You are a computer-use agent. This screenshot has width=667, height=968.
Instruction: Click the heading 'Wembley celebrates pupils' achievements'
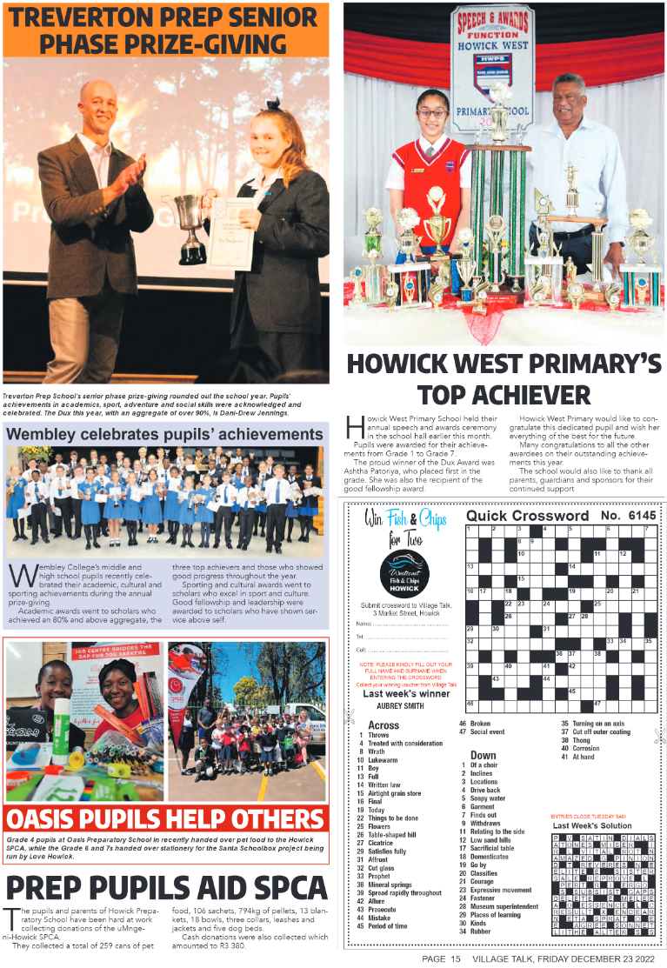coord(165,433)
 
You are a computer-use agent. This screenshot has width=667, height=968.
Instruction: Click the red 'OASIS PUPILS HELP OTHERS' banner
coord(165,819)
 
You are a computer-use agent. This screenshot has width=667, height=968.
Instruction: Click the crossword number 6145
coord(642,516)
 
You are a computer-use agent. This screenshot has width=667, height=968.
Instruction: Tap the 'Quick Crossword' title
coord(527,516)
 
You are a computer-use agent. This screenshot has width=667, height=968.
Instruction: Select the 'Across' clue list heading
coord(383,724)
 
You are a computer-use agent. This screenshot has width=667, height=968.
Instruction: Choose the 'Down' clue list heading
coord(483,755)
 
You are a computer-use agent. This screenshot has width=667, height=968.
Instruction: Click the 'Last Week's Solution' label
coord(592,825)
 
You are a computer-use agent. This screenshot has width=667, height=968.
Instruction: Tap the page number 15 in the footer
coord(454,958)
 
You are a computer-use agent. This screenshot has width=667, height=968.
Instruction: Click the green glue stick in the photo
coord(63,726)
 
